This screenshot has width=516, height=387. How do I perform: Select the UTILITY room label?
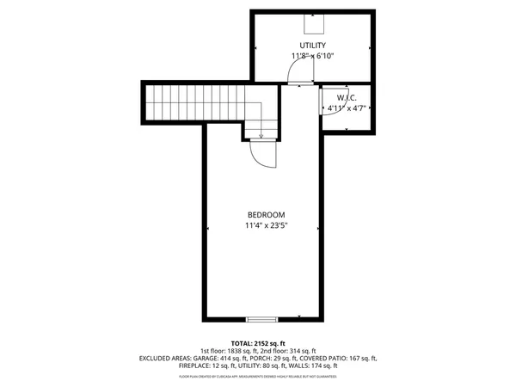312,45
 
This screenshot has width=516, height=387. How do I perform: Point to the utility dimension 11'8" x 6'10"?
312,56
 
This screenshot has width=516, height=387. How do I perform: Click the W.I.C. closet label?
348,97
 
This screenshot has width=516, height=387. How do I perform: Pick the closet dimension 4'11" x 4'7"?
347,109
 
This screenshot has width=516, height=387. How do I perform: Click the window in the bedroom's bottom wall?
262,319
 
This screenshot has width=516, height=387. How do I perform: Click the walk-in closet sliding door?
321,100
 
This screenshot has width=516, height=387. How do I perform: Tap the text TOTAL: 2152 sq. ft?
259,343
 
